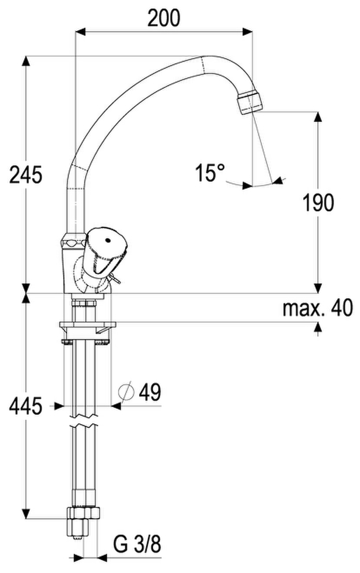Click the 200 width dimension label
coord(164,18)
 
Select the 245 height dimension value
coord(25,174)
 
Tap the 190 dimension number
coord(318,203)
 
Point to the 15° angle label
coord(209,173)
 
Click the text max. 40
coord(318,308)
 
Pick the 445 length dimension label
coord(25,406)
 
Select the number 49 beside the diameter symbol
coord(150,392)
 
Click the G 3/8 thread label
coord(136,545)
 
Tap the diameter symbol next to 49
coord(126,392)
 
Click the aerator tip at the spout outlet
coord(250,102)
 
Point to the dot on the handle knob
coord(107,241)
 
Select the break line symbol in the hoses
coord(84,421)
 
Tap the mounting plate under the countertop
coord(87,324)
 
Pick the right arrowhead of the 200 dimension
coord(247,32)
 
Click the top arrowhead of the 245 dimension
coord(25,61)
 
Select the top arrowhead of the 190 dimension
coord(318,117)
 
